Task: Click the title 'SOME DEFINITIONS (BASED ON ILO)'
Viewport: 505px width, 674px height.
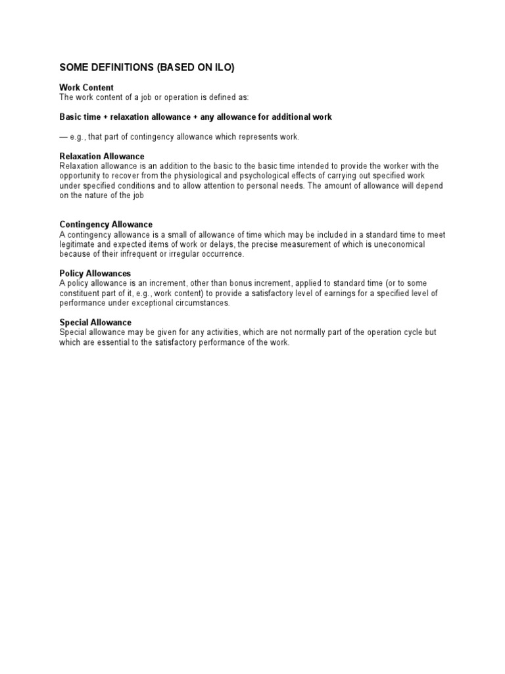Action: tap(147, 67)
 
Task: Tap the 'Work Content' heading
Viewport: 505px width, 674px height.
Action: tap(86, 88)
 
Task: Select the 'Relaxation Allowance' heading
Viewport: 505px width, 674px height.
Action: tap(102, 156)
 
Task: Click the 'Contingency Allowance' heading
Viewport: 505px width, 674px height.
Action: tap(106, 224)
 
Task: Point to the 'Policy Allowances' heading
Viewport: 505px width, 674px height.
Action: tap(95, 273)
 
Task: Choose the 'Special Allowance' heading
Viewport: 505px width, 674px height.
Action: tap(95, 323)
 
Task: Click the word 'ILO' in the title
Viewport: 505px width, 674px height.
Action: tap(222, 67)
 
